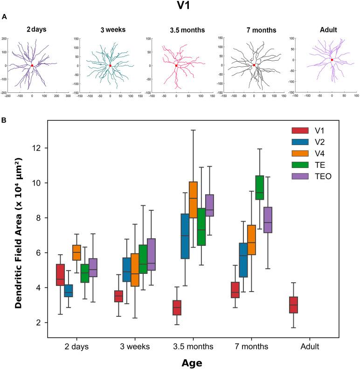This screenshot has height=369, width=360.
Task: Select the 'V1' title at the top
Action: (180, 7)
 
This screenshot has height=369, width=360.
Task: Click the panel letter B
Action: (4, 120)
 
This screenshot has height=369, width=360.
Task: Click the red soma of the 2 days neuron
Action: (32, 66)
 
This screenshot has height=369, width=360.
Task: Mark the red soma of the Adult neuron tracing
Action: (332, 60)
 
